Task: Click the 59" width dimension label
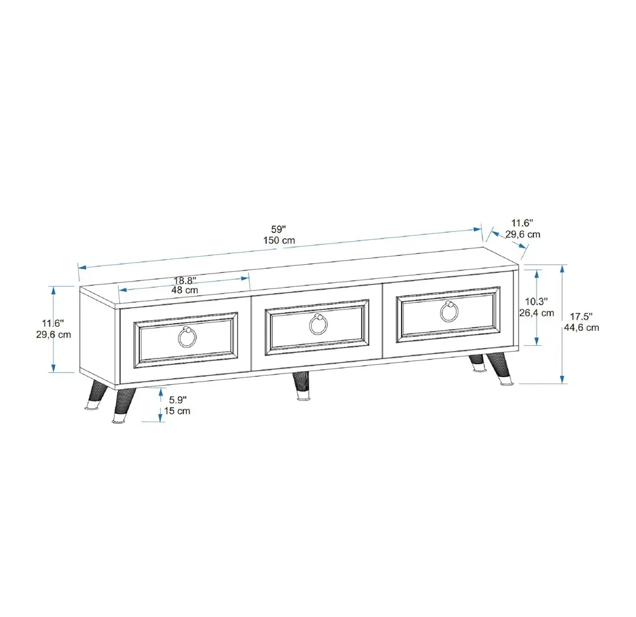pos(279,228)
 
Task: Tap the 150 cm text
pos(279,240)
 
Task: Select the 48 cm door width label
pos(184,290)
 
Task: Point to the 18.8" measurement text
pos(184,280)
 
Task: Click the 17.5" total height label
pos(581,316)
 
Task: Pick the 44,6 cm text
pos(581,327)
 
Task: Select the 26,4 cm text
pos(536,313)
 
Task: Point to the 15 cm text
pos(177,411)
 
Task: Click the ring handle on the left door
pos(187,337)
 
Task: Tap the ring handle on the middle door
pos(317,324)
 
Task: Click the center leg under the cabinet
pos(301,386)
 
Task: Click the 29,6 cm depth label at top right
pos(523,234)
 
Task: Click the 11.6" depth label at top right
pos(523,223)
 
